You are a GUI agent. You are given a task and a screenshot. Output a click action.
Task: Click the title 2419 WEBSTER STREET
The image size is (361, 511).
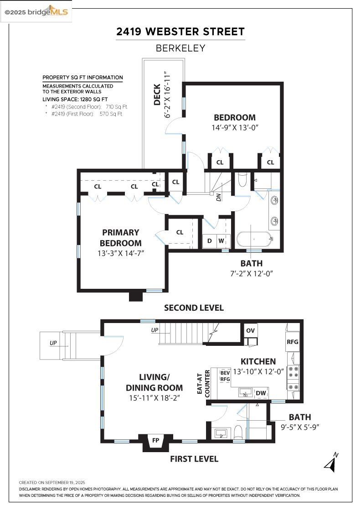(x=180, y=32)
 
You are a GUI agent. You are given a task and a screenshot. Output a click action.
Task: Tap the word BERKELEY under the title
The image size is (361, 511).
(x=180, y=48)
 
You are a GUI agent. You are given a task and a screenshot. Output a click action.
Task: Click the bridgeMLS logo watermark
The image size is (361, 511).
(x=36, y=12)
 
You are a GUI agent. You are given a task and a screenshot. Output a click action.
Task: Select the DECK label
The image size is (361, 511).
(x=157, y=94)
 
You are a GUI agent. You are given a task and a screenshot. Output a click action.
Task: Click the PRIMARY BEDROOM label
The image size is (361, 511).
(x=120, y=238)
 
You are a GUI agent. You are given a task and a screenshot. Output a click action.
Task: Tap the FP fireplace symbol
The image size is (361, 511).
(x=156, y=441)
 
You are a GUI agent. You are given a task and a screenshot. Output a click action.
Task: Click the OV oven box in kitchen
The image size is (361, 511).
(x=250, y=331)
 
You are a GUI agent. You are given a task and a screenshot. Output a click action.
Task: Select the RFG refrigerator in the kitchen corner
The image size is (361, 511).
(x=292, y=341)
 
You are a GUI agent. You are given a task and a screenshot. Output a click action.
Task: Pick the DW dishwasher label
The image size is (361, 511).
(x=261, y=393)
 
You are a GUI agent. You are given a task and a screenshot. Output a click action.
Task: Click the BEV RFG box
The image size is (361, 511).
(x=225, y=375)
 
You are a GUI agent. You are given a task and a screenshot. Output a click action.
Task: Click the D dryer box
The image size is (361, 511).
(x=210, y=240)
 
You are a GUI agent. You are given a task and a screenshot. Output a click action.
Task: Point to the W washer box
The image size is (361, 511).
(x=221, y=240)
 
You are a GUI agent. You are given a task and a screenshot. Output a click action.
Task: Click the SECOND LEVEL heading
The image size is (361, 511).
(x=194, y=308)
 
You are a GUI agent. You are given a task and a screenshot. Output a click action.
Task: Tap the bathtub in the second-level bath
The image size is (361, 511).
(x=254, y=240)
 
